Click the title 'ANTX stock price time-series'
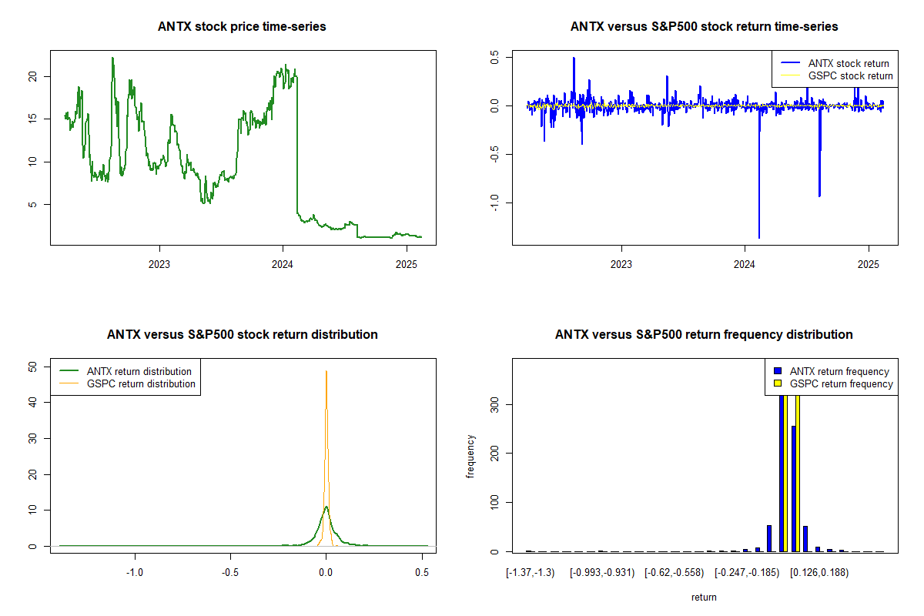coord(242,27)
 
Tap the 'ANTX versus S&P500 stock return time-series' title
coord(704,27)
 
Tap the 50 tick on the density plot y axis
coord(32,367)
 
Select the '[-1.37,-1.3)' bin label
coord(530,574)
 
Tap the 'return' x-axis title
coord(704,597)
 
